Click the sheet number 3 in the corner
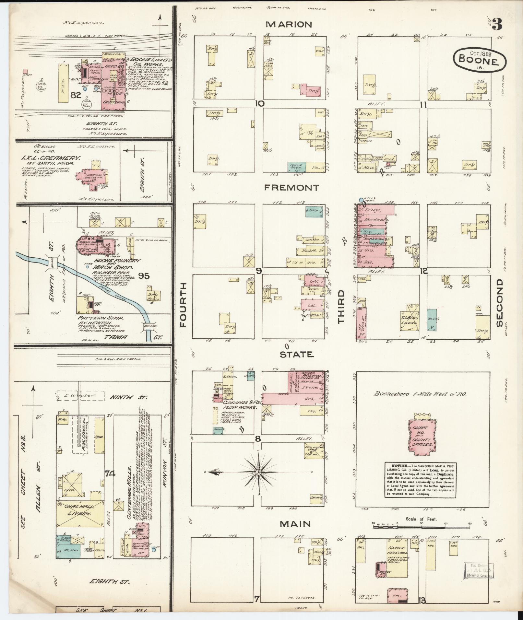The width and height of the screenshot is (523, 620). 497,24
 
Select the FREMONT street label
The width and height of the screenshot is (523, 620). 291,188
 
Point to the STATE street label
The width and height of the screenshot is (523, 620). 297,355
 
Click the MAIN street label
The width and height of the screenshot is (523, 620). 295,524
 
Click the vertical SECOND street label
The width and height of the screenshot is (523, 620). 499,303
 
